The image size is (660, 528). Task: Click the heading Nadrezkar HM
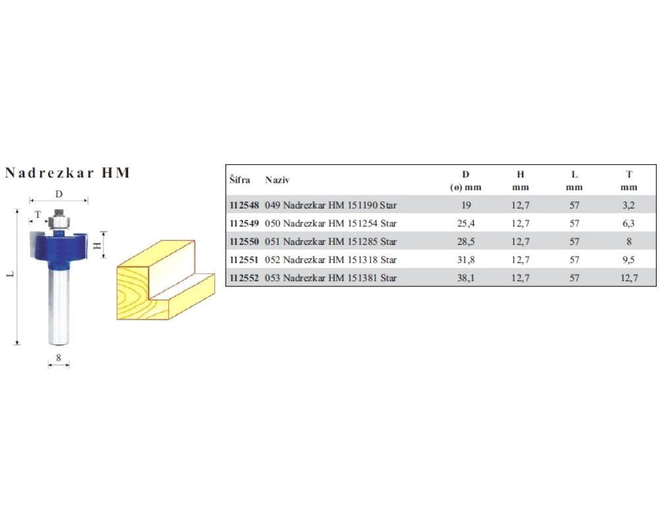click(67, 173)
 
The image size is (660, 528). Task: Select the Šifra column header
click(240, 180)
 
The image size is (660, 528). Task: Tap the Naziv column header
click(277, 180)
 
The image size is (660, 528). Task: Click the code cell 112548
click(244, 205)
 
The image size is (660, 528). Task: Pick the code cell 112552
click(244, 278)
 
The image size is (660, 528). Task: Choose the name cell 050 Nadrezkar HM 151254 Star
click(331, 224)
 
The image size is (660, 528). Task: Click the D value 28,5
click(466, 242)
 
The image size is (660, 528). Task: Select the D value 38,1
click(466, 278)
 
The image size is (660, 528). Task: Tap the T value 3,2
click(628, 205)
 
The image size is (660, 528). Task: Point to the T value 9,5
click(628, 260)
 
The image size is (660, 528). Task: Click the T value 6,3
click(628, 224)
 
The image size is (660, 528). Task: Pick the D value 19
click(466, 205)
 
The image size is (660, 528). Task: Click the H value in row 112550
click(520, 242)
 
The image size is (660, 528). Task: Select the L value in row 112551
click(575, 260)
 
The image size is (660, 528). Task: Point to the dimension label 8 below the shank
click(59, 358)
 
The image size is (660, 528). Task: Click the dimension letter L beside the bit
click(11, 274)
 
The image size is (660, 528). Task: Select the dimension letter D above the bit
click(59, 194)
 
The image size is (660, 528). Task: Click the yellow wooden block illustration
click(166, 280)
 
